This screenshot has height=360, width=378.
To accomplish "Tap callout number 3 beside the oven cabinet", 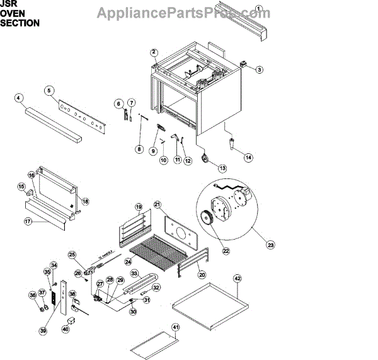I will (259, 69).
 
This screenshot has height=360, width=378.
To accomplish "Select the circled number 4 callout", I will (19, 98).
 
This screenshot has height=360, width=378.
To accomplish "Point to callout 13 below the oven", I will (222, 168).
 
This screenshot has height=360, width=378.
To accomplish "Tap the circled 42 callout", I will (237, 277).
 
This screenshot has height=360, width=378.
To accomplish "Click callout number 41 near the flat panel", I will (176, 327).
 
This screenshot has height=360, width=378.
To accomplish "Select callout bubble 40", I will (66, 328).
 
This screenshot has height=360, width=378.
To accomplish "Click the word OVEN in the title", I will (13, 13).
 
